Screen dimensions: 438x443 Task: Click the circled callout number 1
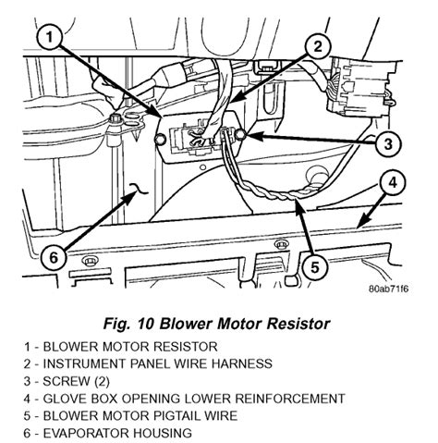(x=50, y=38)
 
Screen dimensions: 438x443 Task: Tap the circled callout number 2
(x=318, y=47)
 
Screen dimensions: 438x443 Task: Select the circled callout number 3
(x=389, y=143)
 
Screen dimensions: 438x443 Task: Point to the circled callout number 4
(x=393, y=183)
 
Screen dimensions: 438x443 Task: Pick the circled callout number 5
(x=314, y=267)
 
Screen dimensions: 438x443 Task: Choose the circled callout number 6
(x=54, y=257)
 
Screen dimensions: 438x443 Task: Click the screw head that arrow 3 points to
(x=240, y=134)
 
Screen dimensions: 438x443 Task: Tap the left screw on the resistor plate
(x=161, y=140)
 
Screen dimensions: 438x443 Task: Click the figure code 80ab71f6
(x=388, y=289)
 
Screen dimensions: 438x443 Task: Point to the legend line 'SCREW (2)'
(x=67, y=381)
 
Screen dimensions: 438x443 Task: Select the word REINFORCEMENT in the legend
(x=290, y=399)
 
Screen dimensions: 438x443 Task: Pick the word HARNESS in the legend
(x=242, y=363)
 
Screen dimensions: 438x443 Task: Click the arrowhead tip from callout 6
(x=137, y=192)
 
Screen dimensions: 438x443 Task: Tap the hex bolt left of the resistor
(x=116, y=119)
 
